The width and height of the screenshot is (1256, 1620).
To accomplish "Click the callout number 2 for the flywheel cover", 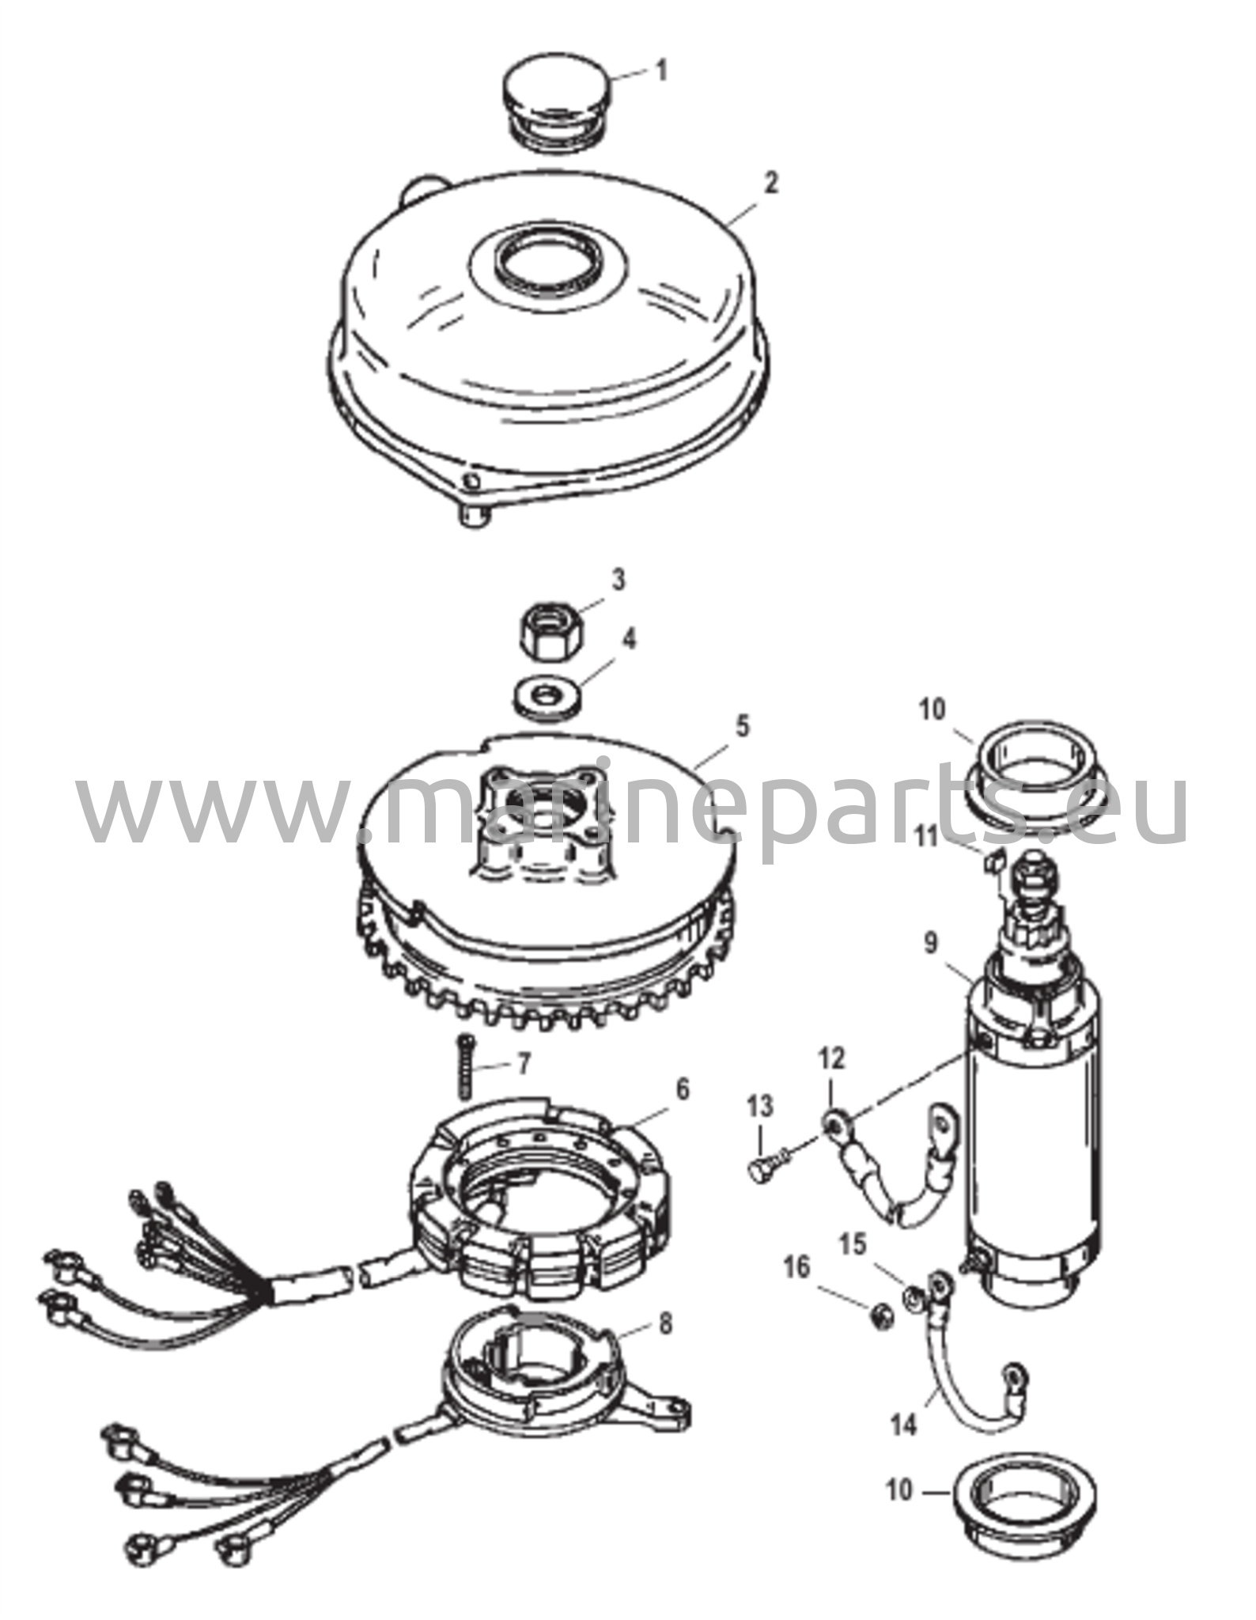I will (x=771, y=183).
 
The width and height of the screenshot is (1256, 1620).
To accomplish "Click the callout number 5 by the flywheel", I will (x=741, y=726).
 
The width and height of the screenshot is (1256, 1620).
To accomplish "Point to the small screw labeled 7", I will (x=465, y=1066).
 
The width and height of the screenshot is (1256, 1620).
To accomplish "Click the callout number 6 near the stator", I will (x=681, y=1090).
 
